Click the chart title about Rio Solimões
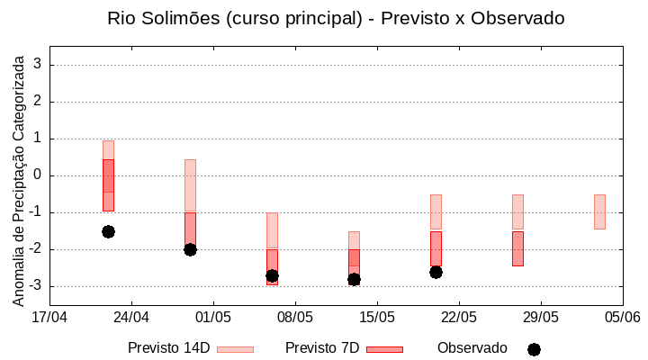tap(336, 18)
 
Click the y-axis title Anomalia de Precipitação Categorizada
tap(18, 178)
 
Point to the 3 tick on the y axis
tap(38, 65)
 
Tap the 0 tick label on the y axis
tap(38, 175)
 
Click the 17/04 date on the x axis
tap(49, 317)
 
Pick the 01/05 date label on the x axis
tap(213, 317)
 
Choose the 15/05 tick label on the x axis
tap(377, 317)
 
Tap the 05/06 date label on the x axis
tap(622, 317)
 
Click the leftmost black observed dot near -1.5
tap(108, 231)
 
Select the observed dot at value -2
tap(190, 249)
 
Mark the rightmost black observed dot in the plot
tap(436, 272)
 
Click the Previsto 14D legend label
tap(168, 348)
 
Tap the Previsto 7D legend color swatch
tap(384, 349)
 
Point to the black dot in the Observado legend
tap(534, 349)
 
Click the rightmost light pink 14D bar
tap(599, 211)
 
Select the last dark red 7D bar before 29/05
tap(517, 248)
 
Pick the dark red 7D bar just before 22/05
tap(436, 248)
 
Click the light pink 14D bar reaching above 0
tap(190, 185)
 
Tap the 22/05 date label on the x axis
tap(459, 317)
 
